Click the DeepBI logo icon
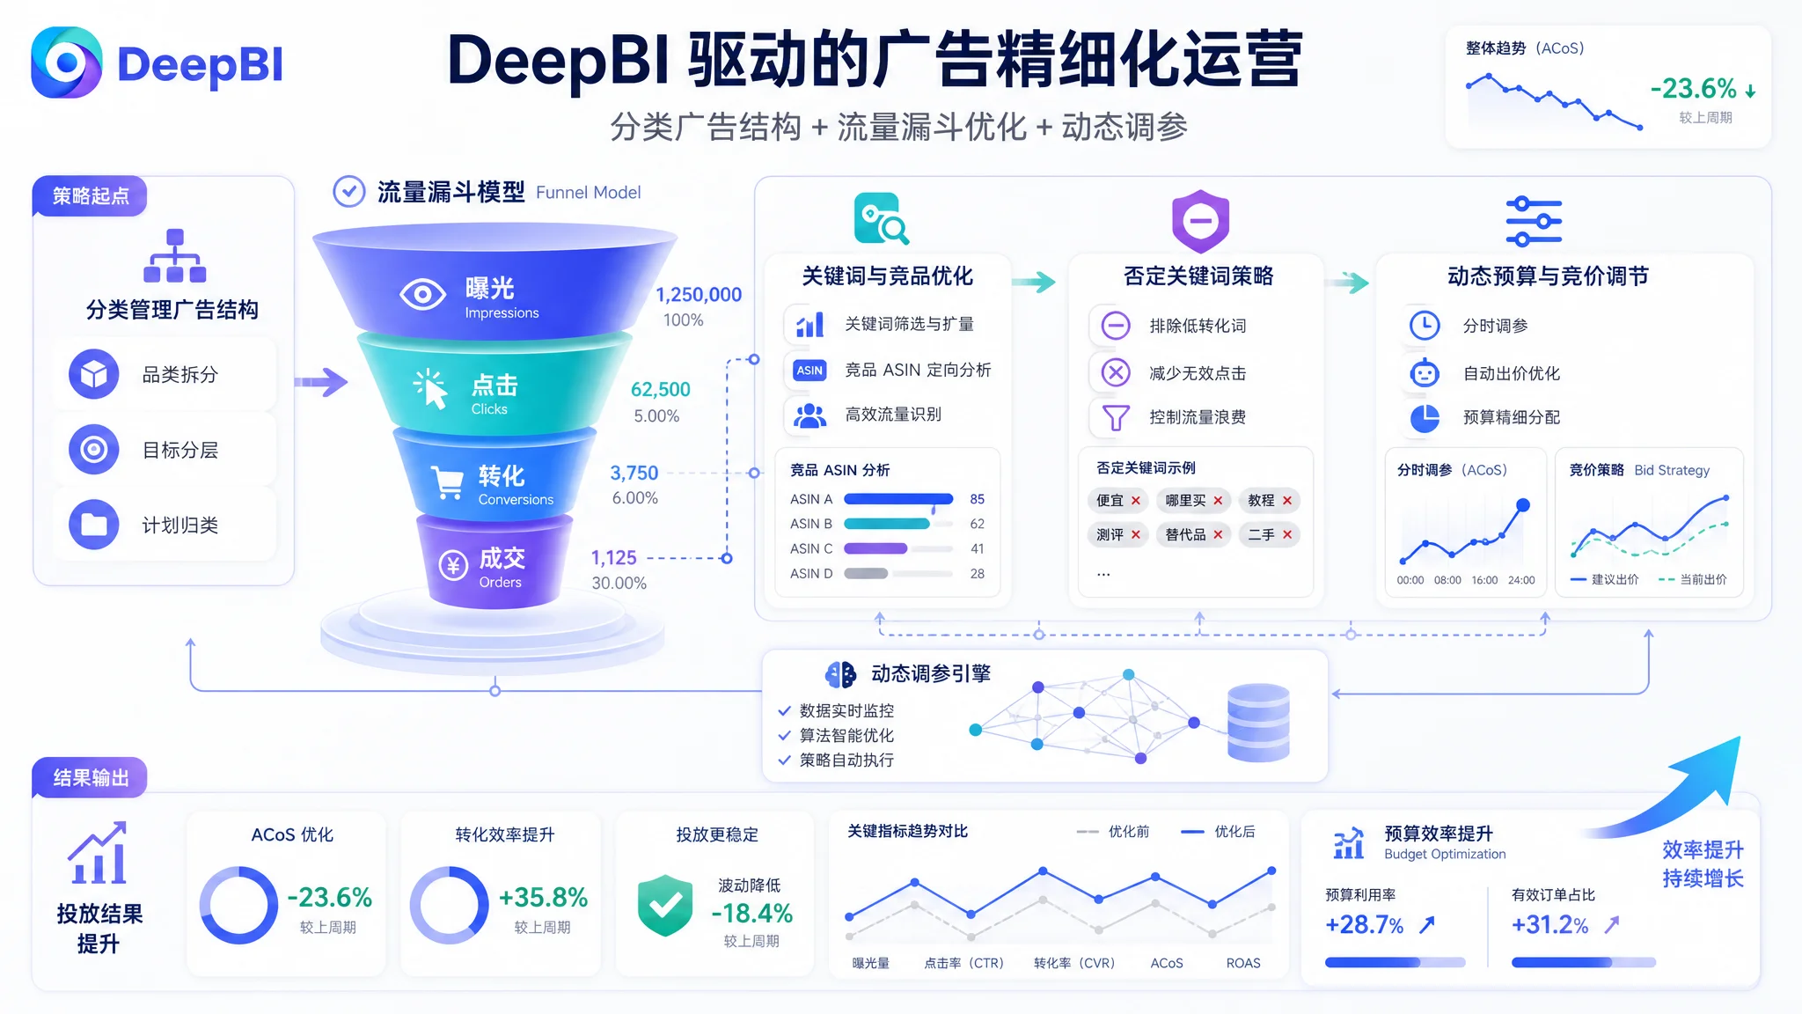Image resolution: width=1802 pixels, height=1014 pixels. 67,62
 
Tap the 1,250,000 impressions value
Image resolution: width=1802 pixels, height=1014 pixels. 699,295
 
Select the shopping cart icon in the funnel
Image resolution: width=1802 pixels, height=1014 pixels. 448,483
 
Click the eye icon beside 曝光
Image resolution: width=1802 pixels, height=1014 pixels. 422,294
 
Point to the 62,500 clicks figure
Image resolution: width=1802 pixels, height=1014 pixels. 661,389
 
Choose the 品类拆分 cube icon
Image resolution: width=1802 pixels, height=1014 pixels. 94,374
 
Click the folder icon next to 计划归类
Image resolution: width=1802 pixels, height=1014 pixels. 94,525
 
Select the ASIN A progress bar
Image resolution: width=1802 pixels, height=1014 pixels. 898,499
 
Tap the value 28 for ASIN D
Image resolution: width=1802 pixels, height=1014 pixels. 978,574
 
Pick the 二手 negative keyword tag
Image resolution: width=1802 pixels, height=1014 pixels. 1270,534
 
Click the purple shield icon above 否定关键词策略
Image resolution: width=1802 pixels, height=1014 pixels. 1200,220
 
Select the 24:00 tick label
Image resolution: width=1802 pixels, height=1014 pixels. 1521,580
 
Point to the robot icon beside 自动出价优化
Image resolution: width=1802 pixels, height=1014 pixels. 1425,373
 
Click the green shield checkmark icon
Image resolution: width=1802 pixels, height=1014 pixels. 665,905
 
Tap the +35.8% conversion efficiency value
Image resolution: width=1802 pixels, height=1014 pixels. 543,897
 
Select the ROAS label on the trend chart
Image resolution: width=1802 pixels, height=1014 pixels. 1243,963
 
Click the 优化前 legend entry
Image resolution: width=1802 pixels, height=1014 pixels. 1113,832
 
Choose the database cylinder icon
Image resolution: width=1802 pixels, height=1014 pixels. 1258,723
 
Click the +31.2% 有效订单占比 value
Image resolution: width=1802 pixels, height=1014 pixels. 1550,924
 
